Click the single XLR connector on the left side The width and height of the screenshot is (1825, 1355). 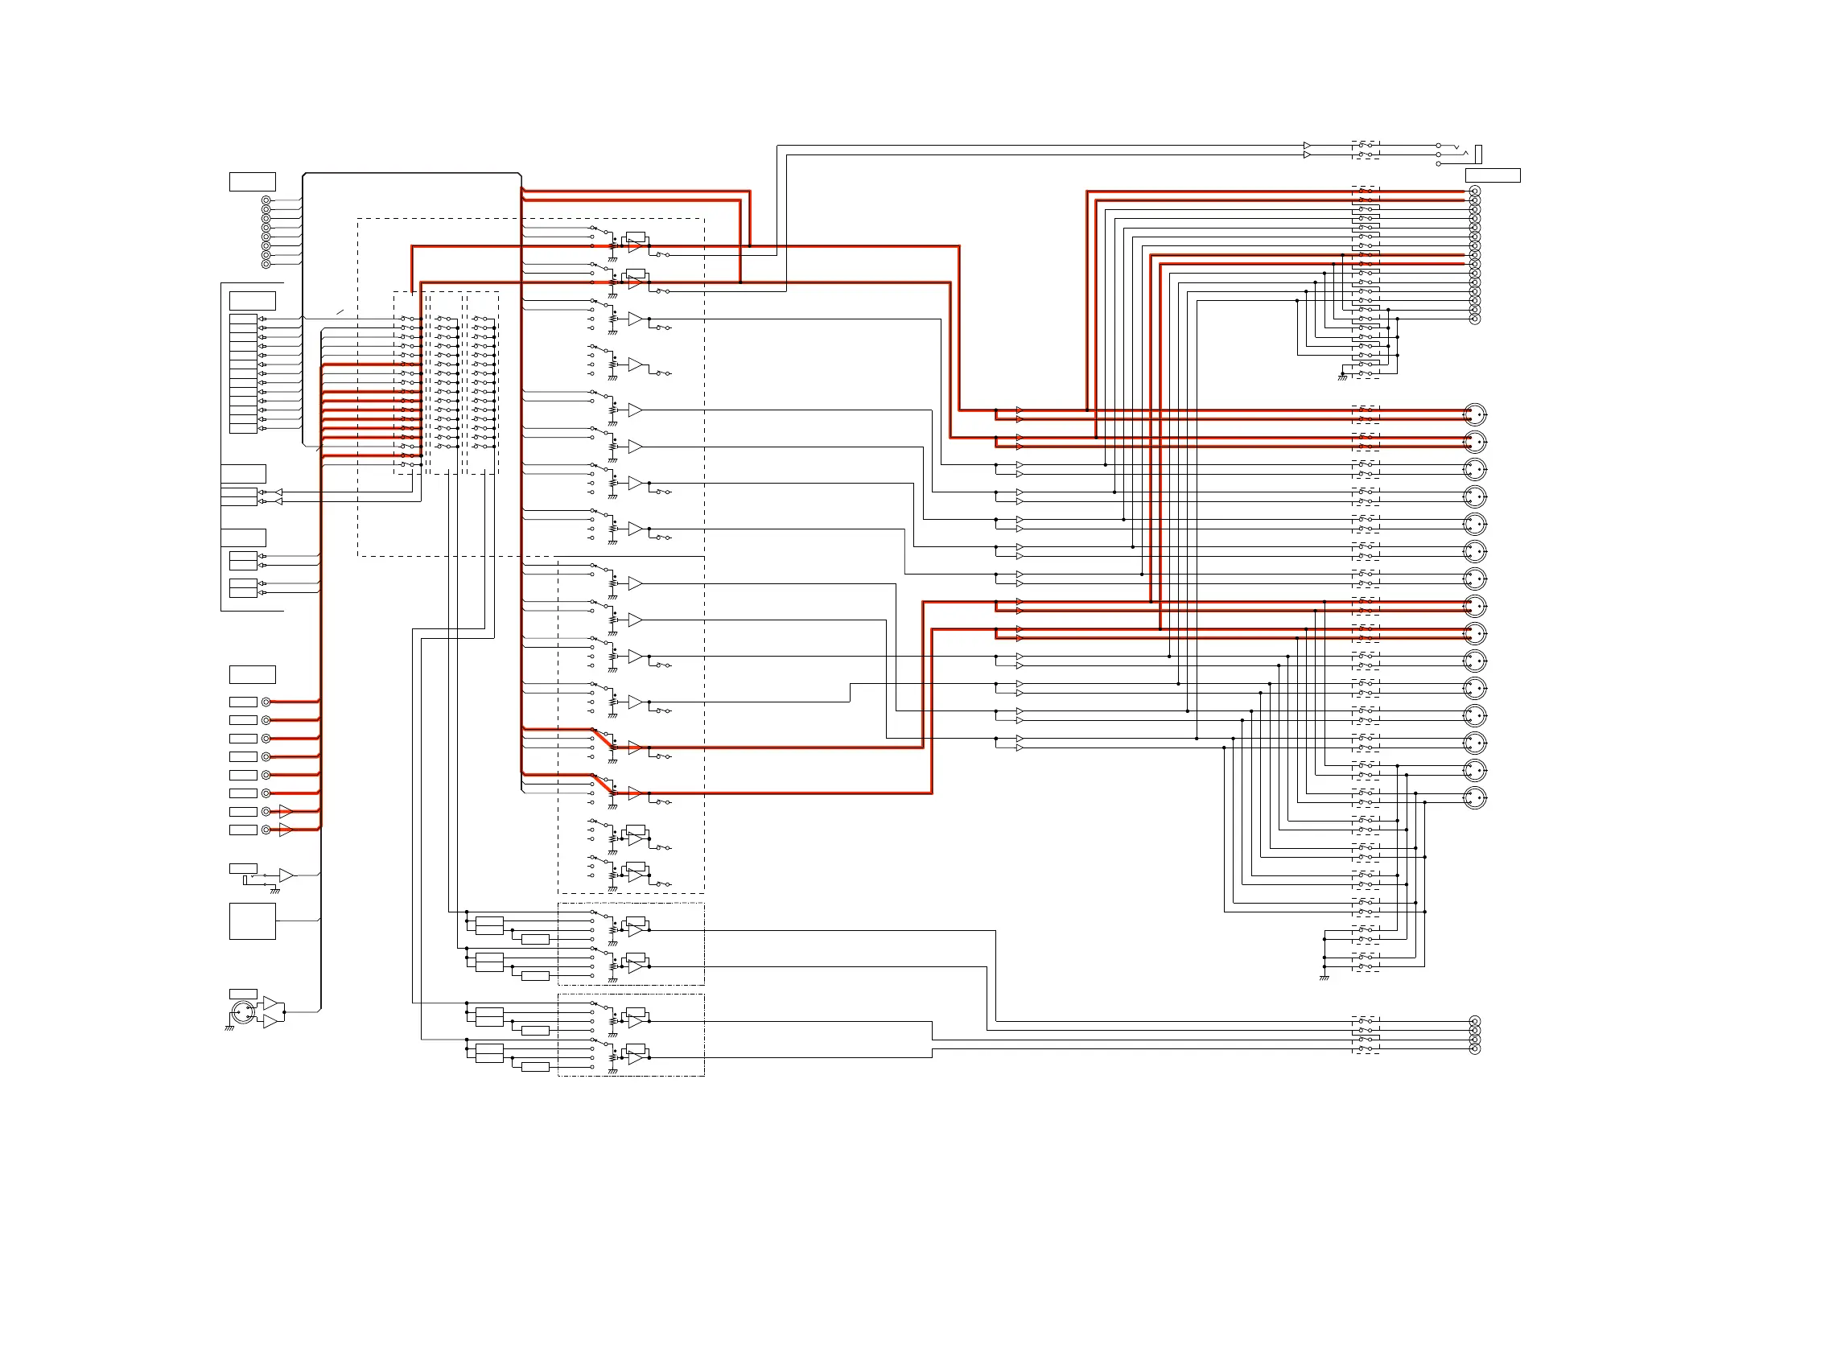coord(242,1011)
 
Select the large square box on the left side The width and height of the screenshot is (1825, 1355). coord(252,921)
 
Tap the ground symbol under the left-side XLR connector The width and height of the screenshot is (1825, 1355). coord(229,1028)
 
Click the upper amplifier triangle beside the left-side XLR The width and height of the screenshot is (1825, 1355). coord(270,1003)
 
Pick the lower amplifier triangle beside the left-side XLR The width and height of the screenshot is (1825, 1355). coord(270,1021)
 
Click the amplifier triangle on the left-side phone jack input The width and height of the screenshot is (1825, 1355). coord(286,875)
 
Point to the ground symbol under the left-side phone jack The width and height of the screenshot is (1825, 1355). coord(274,891)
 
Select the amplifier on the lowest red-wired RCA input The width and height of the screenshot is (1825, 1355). coord(286,830)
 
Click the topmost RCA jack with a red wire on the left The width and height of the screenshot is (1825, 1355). coord(266,702)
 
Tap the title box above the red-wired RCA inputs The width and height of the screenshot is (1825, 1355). coord(252,674)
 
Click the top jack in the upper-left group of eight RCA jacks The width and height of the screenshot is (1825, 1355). coord(266,200)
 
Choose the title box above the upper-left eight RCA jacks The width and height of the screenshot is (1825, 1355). coord(252,181)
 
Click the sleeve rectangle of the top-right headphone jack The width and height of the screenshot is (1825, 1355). coord(1478,154)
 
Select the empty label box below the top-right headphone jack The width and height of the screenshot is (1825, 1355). coord(1492,175)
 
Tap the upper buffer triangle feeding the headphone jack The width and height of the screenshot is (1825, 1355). coord(1307,146)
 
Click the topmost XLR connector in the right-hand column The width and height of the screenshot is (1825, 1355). coord(1475,414)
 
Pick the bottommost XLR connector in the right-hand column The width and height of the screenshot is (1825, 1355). coord(1475,797)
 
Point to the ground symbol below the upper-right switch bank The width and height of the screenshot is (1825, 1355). coord(1343,377)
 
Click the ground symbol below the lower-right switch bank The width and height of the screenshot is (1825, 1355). coord(1324,978)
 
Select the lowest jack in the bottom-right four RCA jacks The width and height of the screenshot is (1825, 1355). coord(1475,1049)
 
